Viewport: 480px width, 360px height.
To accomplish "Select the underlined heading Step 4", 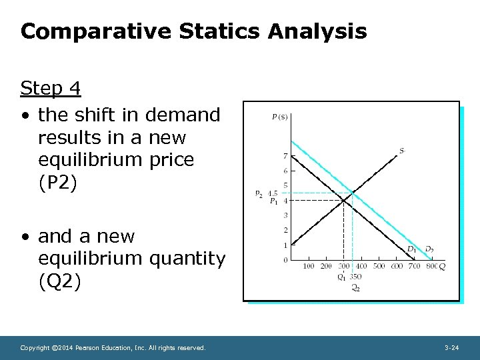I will point(50,88).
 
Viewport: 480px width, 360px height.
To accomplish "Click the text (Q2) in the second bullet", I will point(59,282).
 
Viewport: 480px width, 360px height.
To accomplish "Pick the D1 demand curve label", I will point(412,249).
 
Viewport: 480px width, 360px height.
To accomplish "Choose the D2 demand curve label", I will point(429,249).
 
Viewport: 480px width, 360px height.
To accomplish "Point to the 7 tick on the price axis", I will point(285,156).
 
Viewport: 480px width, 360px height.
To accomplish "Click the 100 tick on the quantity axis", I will point(308,267).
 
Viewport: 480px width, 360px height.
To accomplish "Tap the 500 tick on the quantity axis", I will point(378,267).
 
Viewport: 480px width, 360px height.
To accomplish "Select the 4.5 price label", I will point(273,193).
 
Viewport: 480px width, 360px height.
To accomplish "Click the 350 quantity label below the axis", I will point(357,277).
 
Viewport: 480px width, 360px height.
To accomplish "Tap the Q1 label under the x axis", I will point(341,277).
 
